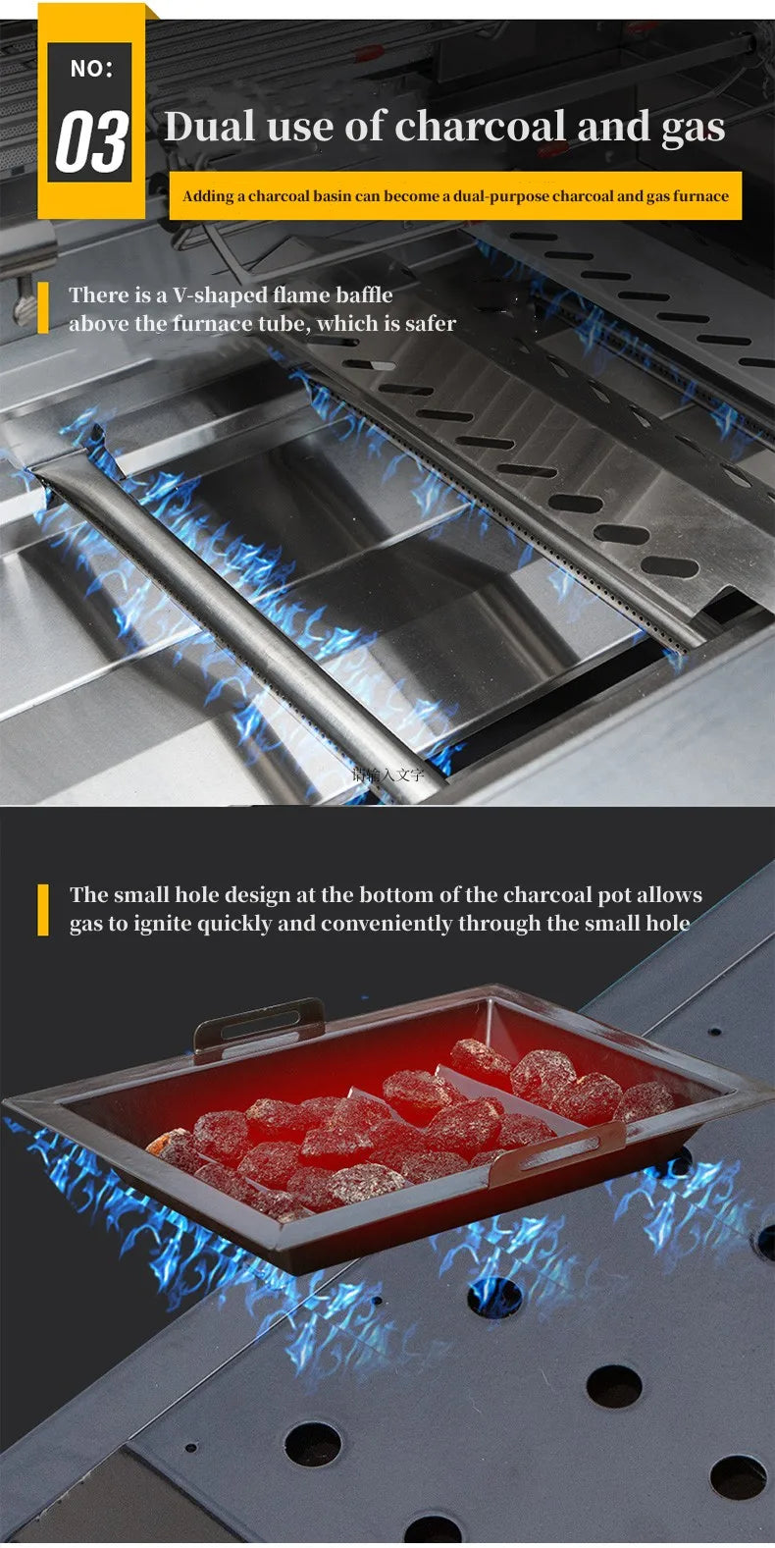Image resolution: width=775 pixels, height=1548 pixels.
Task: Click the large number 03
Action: [91, 141]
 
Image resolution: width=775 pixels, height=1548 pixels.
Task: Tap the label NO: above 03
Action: [91, 69]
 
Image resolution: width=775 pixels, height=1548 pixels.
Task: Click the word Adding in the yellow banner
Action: [208, 195]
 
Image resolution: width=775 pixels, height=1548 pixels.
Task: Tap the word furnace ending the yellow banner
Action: [700, 195]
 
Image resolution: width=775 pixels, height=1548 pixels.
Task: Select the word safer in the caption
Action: [430, 323]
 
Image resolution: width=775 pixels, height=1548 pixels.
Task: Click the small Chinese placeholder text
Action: [388, 774]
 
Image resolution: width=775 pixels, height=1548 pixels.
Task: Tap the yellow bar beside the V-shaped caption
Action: [43, 308]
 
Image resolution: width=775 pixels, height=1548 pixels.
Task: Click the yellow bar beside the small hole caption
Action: [43, 909]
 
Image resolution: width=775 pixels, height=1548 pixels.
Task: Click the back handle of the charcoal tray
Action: [260, 1023]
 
